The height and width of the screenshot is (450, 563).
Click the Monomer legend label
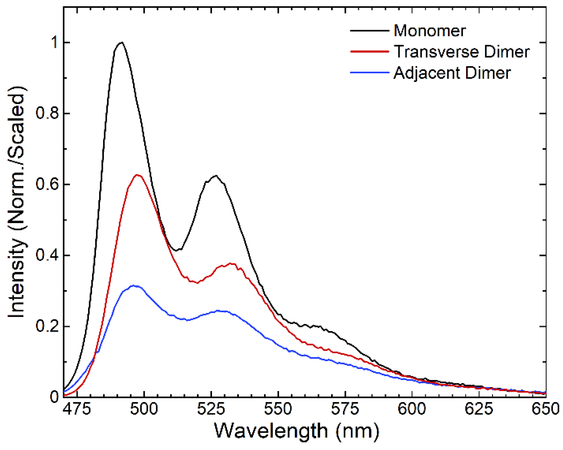pyautogui.click(x=429, y=31)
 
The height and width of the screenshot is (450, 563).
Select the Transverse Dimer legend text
pyautogui.click(x=461, y=52)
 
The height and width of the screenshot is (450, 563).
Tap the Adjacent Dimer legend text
pyautogui.click(x=452, y=73)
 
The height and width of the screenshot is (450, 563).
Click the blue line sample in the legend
pyautogui.click(x=369, y=73)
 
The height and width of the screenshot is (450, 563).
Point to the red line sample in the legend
pyautogui.click(x=369, y=51)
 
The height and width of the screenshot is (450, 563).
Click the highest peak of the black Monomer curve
pyautogui.click(x=121, y=42)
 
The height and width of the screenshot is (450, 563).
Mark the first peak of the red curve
pyautogui.click(x=137, y=175)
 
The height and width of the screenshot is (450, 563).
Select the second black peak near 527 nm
pyautogui.click(x=215, y=175)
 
